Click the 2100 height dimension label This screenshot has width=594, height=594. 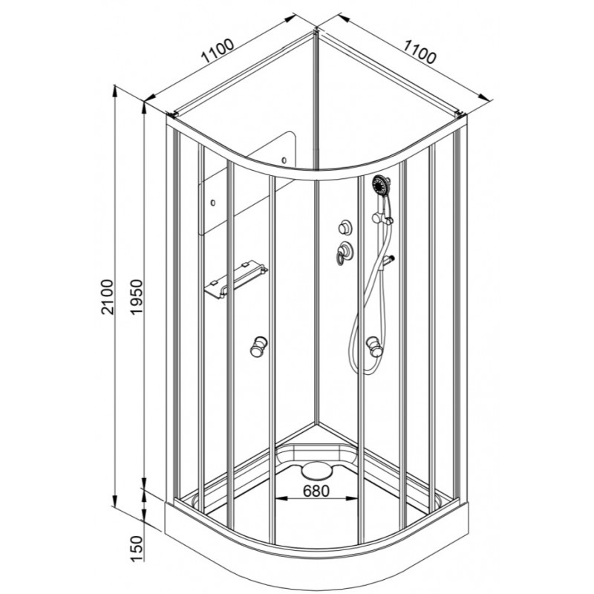point(108,296)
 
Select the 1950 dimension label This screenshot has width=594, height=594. point(136,296)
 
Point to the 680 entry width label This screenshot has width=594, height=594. point(316,491)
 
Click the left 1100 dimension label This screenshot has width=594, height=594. point(218,50)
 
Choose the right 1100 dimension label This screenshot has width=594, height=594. point(419,51)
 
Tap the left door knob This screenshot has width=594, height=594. point(258,345)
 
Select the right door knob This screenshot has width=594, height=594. point(374,346)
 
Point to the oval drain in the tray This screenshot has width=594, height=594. point(316,471)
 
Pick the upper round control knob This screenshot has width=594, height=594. point(345,228)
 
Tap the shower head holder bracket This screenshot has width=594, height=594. point(381,218)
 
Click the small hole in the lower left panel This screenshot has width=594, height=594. point(213,203)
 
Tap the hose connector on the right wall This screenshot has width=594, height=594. point(388,261)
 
